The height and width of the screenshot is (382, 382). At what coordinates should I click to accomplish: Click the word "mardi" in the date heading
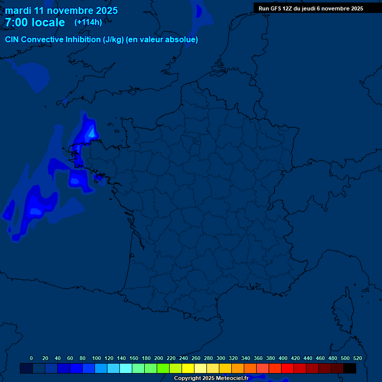pyautogui.click(x=18, y=10)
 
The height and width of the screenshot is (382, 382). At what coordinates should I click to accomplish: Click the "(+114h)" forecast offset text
pyautogui.click(x=88, y=22)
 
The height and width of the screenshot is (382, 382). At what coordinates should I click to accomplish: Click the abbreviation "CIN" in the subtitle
pyautogui.click(x=12, y=40)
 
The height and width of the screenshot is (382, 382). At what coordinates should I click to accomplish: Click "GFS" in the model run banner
pyautogui.click(x=277, y=8)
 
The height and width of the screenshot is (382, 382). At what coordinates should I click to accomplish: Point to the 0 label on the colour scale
pyautogui.click(x=31, y=358)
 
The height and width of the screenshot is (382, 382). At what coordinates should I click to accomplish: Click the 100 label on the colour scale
pyautogui.click(x=96, y=358)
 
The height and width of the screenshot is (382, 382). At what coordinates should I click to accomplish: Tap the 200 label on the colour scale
pyautogui.click(x=159, y=358)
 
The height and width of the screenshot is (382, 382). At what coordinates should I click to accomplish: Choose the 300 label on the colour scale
pyautogui.click(x=221, y=358)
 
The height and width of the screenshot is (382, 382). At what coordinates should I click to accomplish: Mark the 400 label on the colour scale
pyautogui.click(x=283, y=358)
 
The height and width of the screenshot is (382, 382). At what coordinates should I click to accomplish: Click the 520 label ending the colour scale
pyautogui.click(x=358, y=358)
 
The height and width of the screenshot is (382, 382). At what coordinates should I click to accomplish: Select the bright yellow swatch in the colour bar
pyautogui.click(x=188, y=368)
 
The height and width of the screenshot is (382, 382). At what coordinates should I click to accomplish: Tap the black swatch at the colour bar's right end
pyautogui.click(x=350, y=368)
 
